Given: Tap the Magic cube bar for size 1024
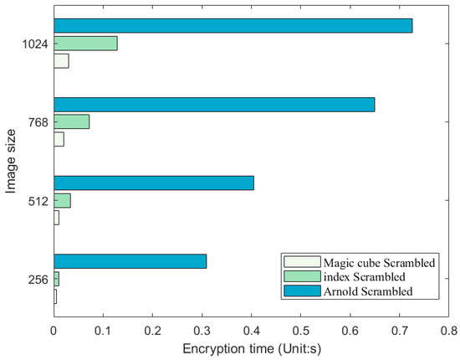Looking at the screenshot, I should click(x=61, y=60).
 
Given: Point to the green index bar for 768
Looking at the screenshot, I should click(x=71, y=122).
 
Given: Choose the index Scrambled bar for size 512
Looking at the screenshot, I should click(x=62, y=200).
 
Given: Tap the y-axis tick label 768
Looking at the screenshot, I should click(x=38, y=122).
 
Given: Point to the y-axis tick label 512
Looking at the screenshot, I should click(x=38, y=201).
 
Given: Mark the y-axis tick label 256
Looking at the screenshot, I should click(x=38, y=279).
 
